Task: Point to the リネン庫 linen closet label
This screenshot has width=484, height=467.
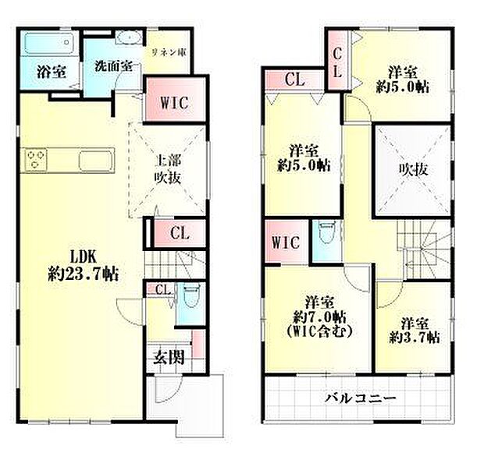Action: pos(168,52)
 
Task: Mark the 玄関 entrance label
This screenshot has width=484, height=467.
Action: pos(167,358)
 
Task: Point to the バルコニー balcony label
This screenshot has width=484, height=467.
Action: pos(360,399)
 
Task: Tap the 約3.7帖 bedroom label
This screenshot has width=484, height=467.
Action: pos(414,330)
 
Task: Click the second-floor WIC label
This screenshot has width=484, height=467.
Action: pos(286,242)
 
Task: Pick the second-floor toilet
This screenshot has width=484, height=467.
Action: pos(326,232)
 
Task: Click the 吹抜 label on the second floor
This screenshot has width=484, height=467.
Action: pos(413,168)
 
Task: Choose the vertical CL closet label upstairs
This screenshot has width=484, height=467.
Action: pos(338,61)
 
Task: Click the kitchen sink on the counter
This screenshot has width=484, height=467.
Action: pos(94,161)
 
